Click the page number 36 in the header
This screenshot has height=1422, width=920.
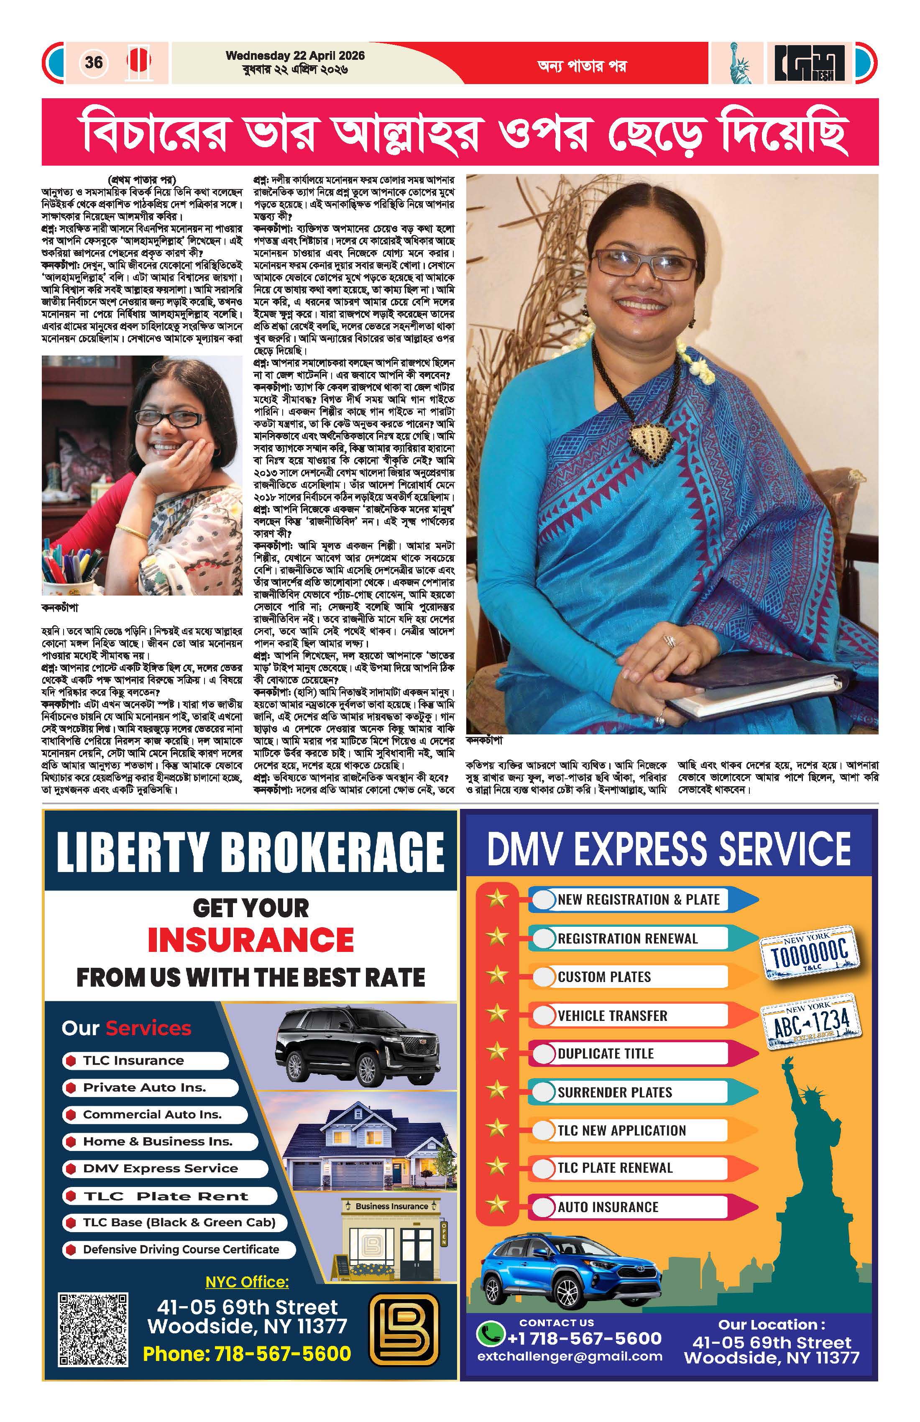pos(94,62)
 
